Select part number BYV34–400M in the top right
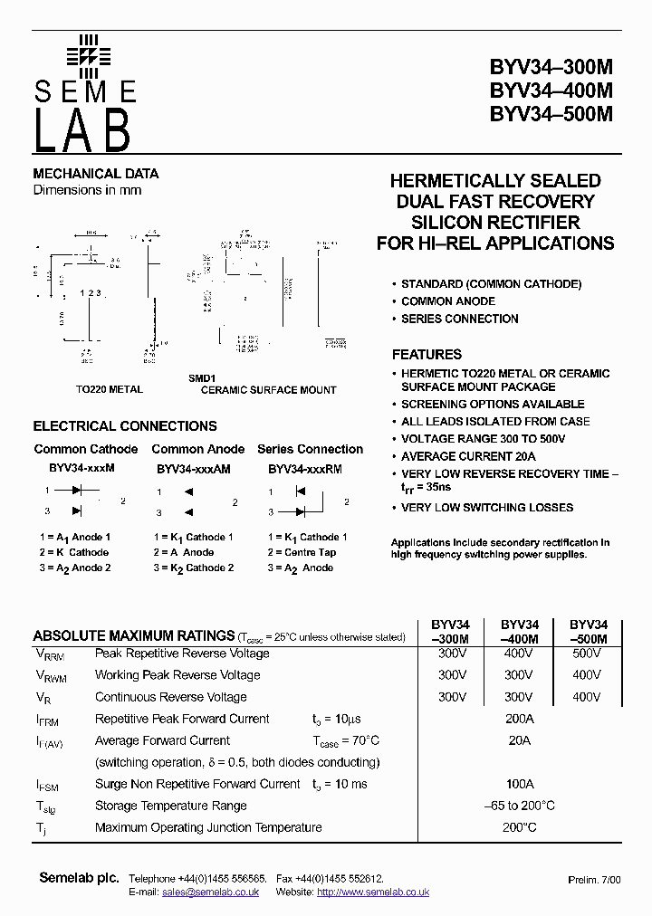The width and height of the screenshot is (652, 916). (551, 91)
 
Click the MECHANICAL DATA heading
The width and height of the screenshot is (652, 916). (96, 174)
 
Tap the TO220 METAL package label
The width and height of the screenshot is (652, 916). (109, 390)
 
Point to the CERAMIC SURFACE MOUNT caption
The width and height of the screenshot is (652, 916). (268, 390)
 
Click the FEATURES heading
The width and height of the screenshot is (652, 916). (427, 355)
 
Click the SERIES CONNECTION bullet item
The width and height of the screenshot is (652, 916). (460, 319)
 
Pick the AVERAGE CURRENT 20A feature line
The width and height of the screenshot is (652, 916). (468, 456)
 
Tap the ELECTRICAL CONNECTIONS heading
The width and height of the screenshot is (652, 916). (125, 426)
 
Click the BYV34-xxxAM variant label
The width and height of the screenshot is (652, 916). (194, 470)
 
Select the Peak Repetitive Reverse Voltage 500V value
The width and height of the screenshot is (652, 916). (587, 653)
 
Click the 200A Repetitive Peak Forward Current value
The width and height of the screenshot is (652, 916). (520, 719)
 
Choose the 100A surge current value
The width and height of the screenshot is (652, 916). (520, 784)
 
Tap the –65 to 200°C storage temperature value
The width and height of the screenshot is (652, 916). (520, 806)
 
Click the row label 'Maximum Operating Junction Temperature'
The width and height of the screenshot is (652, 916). (208, 827)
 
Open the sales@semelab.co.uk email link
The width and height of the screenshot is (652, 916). (211, 892)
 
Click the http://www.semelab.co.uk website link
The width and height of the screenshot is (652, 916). (373, 892)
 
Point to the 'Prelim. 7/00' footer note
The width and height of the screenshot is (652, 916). (594, 880)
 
